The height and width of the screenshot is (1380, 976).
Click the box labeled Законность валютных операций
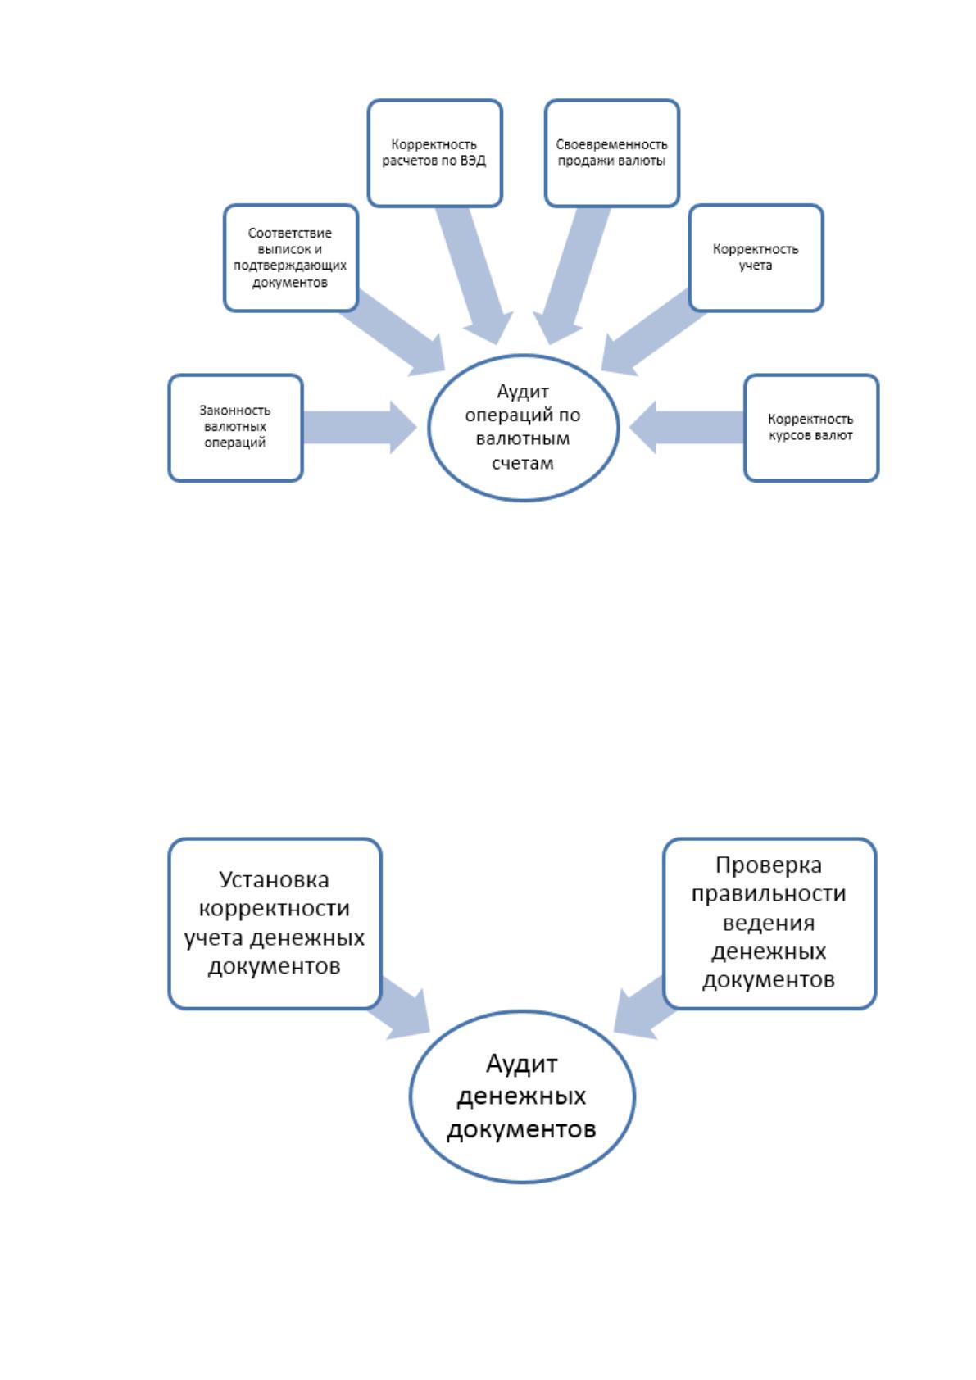click(235, 428)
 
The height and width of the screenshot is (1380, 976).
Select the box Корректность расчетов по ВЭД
click(435, 153)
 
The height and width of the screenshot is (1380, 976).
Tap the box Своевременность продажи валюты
click(612, 153)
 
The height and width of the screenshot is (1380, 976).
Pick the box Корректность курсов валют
click(810, 428)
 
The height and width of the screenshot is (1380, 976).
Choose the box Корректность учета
click(756, 258)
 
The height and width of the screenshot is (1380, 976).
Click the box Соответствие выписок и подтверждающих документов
click(291, 258)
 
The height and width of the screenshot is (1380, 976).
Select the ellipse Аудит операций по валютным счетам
click(523, 428)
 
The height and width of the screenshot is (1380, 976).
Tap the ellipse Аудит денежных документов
click(522, 1096)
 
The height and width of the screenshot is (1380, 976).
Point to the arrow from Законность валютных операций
click(360, 428)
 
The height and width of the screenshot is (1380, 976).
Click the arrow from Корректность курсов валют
click(687, 428)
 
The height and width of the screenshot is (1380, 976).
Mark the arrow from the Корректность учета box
click(653, 333)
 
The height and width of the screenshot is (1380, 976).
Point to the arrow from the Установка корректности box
click(399, 1008)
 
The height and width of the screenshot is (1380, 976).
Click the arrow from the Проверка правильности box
click(644, 1008)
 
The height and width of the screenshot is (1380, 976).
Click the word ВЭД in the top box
click(473, 161)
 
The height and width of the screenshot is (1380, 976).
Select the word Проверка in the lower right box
click(769, 865)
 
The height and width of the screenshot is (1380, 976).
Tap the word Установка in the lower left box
click(275, 879)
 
